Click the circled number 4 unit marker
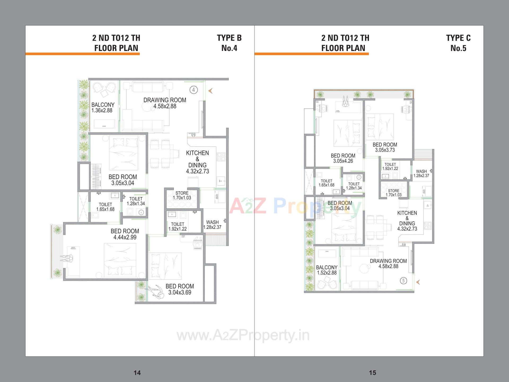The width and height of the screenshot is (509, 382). click(x=194, y=90)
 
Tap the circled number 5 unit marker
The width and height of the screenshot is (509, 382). click(x=403, y=280)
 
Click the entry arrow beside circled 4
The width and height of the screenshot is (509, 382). click(x=210, y=91)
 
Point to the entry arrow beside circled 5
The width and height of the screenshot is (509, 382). click(x=418, y=282)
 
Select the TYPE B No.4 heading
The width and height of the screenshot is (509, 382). click(x=229, y=43)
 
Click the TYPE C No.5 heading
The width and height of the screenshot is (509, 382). click(x=458, y=43)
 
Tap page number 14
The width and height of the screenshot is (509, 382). click(x=137, y=373)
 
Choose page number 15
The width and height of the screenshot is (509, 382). click(x=372, y=373)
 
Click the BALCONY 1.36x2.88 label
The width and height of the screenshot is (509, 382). click(x=103, y=108)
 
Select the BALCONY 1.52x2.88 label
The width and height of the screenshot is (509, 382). click(x=327, y=270)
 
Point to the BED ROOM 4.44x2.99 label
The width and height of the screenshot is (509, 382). click(x=125, y=234)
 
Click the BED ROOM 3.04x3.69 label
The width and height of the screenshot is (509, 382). click(x=180, y=289)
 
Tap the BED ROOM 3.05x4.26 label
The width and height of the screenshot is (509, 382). click(x=343, y=158)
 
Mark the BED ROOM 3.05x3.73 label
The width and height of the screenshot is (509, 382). click(x=385, y=147)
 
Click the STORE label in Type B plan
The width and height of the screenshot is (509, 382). click(x=182, y=196)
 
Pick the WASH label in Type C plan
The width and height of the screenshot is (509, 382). click(x=421, y=173)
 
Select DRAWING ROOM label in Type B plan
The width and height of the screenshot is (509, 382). click(x=165, y=103)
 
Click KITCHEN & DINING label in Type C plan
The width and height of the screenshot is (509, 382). click(x=407, y=221)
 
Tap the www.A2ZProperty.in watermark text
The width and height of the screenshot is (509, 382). click(x=243, y=335)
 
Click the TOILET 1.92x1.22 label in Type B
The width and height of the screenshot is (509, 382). click(x=178, y=227)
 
